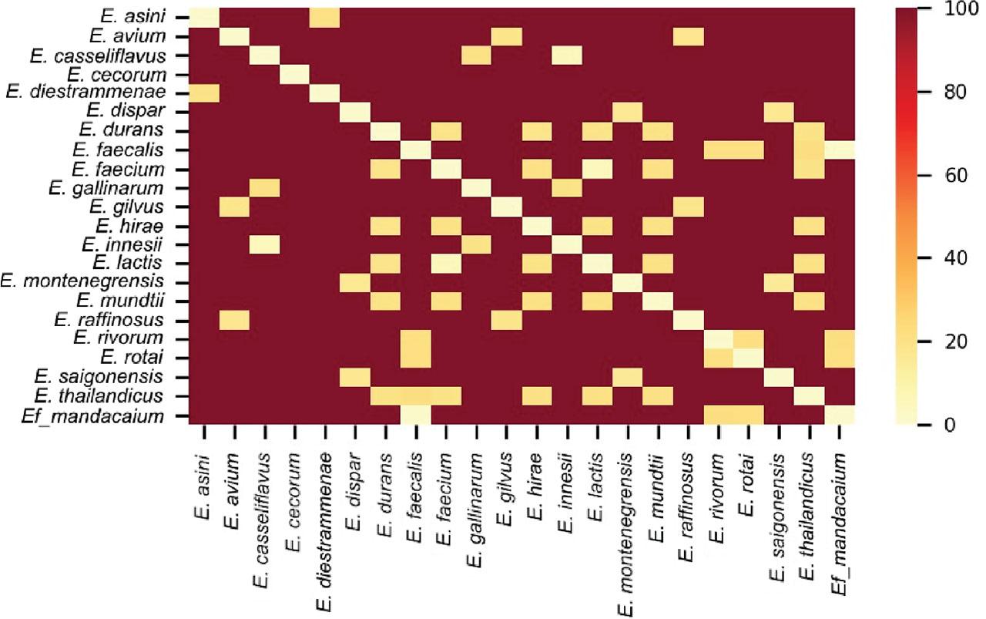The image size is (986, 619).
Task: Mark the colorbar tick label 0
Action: pos(943,424)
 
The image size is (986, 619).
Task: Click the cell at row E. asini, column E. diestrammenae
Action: pos(324,16)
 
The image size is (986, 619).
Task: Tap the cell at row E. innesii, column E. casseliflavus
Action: pos(264,244)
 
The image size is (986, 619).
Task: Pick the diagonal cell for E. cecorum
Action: pos(294,74)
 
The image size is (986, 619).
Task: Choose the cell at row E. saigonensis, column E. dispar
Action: pos(354,378)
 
